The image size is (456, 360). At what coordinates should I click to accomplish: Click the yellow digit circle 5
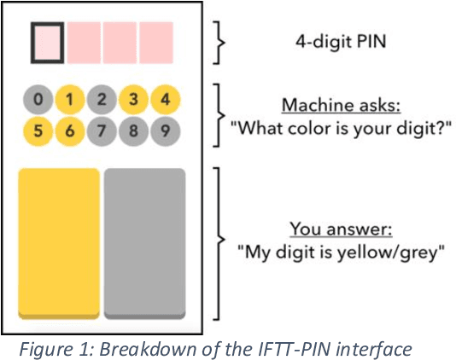coord(37,132)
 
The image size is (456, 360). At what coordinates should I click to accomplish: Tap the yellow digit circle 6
coord(69,132)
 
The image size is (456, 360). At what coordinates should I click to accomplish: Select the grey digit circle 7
coord(102,132)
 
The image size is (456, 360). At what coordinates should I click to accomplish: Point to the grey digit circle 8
coord(134,132)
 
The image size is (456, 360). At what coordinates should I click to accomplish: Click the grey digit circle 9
coord(166,132)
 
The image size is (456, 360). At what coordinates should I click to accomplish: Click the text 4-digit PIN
coord(336,40)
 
